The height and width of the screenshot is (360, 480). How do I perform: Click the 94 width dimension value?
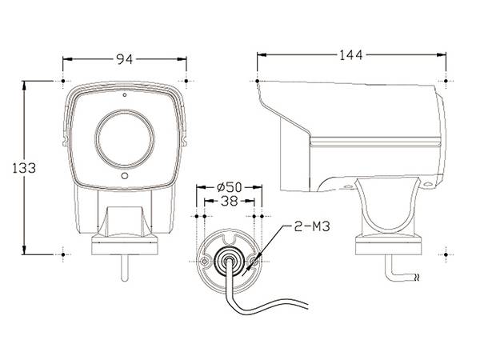(x=125, y=59)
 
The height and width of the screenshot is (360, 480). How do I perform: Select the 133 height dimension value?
(x=24, y=168)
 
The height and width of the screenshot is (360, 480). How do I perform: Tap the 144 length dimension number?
(x=351, y=55)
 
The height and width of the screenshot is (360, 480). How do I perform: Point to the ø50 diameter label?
(x=230, y=186)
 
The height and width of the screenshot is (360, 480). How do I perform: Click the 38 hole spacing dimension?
(x=230, y=201)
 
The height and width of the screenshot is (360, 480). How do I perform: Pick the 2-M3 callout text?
(x=312, y=226)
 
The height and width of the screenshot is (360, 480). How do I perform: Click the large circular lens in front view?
(x=125, y=139)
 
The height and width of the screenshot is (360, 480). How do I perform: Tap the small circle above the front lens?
(x=125, y=95)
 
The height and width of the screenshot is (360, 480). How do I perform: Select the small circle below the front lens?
(x=125, y=176)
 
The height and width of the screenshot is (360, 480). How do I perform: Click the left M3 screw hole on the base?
(x=204, y=262)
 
